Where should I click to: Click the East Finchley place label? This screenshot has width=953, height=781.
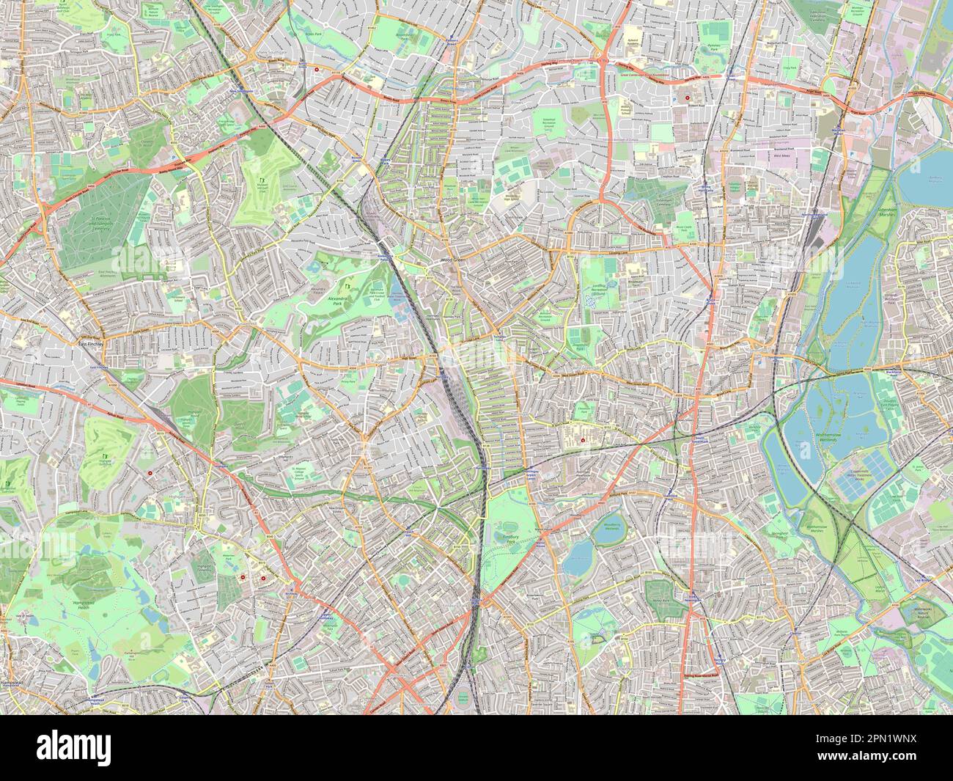94,342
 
